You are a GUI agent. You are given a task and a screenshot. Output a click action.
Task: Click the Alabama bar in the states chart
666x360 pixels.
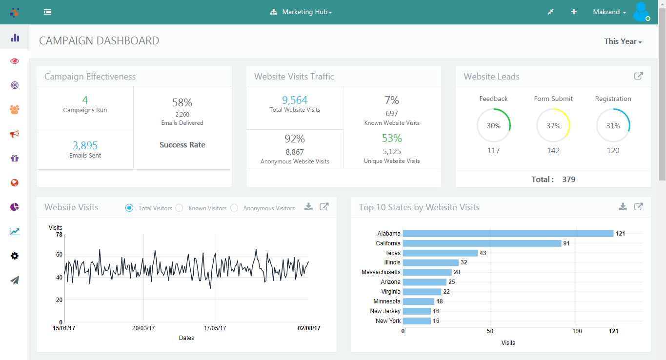click(507, 234)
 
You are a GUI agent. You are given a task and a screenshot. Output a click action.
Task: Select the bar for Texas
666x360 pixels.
click(440, 253)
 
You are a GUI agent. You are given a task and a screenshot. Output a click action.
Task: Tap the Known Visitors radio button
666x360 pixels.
click(179, 208)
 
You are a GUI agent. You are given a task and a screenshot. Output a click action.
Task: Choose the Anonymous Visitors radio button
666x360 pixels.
click(234, 208)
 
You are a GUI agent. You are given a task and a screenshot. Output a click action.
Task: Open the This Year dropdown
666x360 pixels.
click(623, 41)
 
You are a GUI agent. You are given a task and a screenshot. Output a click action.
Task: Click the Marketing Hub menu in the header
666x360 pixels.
click(302, 12)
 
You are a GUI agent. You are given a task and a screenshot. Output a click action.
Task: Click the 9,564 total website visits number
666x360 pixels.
click(295, 100)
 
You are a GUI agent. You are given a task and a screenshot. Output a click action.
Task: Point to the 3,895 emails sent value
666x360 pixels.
click(85, 145)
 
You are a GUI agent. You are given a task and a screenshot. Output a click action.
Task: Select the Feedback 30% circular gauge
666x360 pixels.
click(493, 125)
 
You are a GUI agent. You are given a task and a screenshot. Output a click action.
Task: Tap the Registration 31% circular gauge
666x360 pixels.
click(613, 125)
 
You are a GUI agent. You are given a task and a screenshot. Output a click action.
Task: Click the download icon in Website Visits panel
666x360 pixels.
click(308, 207)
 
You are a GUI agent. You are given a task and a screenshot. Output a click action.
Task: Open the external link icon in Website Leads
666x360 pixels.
click(638, 76)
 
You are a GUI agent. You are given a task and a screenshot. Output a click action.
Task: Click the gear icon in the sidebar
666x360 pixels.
click(15, 256)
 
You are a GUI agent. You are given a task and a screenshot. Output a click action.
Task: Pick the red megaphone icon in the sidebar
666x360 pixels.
click(15, 134)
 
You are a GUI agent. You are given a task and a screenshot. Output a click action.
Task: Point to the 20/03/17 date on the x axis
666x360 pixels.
click(143, 328)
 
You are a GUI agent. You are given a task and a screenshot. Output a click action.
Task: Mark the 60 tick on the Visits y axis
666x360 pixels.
click(59, 255)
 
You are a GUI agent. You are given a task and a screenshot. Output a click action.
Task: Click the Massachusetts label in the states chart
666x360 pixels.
click(381, 272)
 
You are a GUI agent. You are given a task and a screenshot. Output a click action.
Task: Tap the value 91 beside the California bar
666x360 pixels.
click(566, 243)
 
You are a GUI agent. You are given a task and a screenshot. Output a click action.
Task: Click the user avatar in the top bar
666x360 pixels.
click(641, 12)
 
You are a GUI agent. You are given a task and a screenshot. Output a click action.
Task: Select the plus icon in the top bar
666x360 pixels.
click(574, 12)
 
